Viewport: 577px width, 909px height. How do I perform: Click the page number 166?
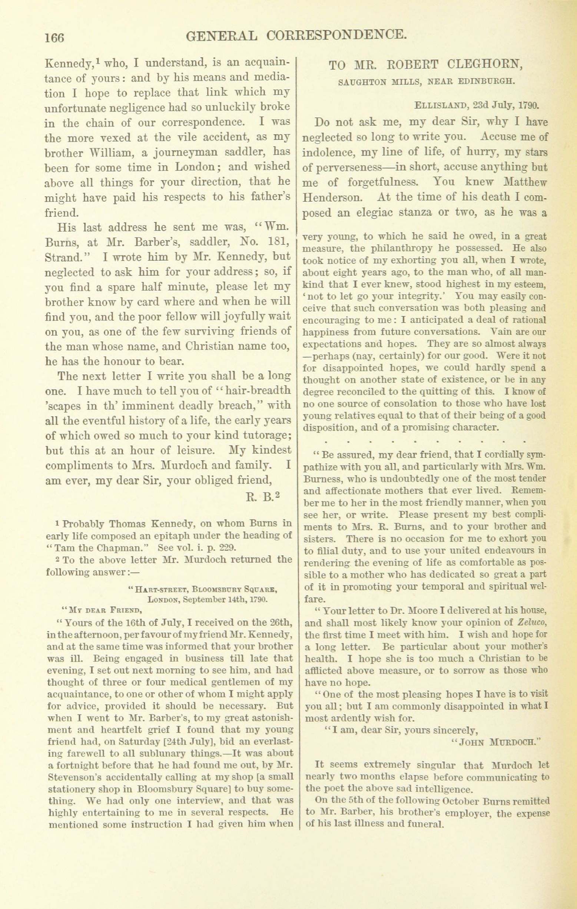pyautogui.click(x=55, y=37)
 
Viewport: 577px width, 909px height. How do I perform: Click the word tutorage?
pyautogui.click(x=267, y=436)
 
